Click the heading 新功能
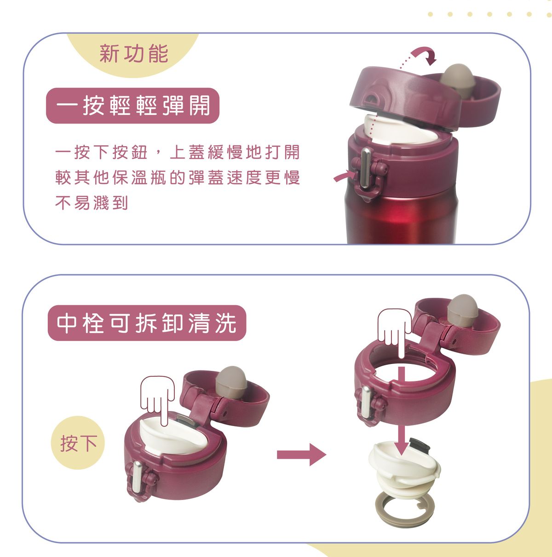tap(134, 54)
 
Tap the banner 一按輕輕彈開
tap(132, 106)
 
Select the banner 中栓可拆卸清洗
tap(147, 323)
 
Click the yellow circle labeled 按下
tap(79, 443)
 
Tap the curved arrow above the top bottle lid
tap(424, 55)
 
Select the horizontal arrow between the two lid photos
tap(301, 455)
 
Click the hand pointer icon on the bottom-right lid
tap(394, 327)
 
